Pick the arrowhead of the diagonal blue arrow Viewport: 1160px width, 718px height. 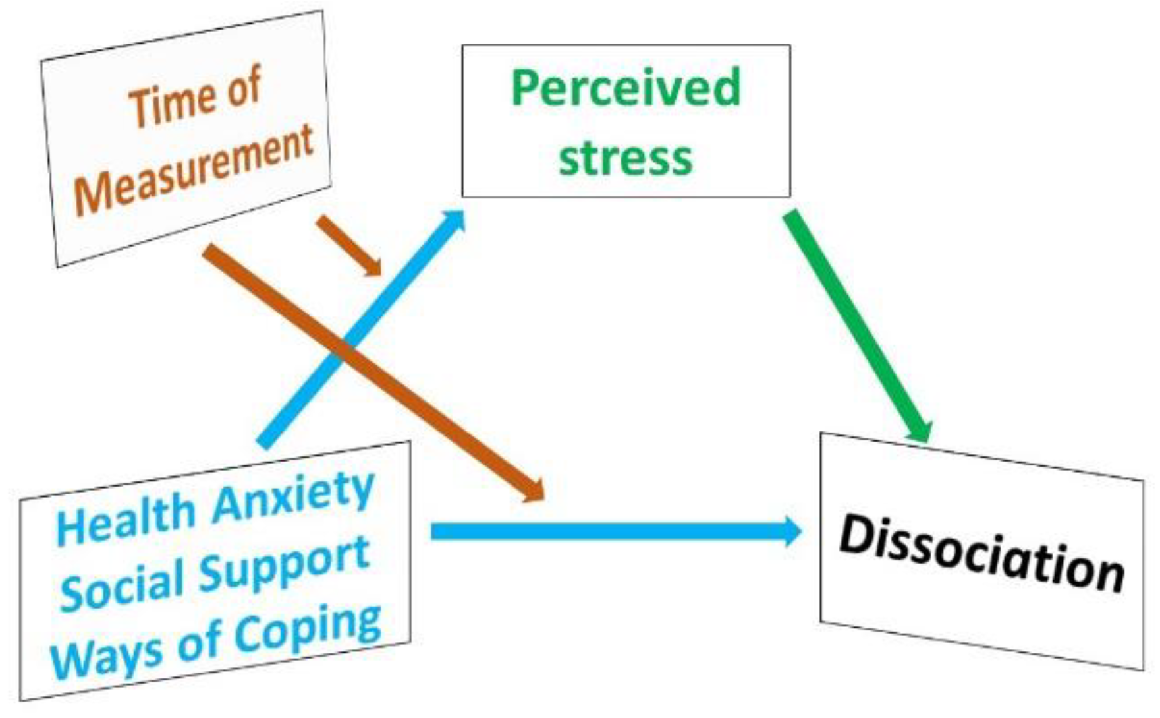click(x=455, y=220)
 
